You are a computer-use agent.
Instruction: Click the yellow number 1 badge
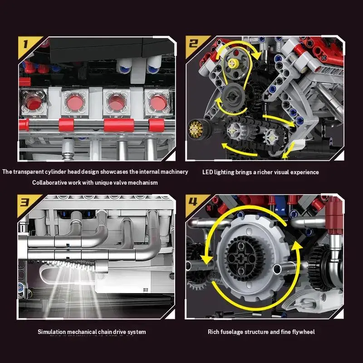[x=27, y=45]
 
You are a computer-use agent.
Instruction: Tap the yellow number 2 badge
[x=195, y=44]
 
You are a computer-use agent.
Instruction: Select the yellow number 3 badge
[x=27, y=204]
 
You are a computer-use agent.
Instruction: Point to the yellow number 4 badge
[x=195, y=204]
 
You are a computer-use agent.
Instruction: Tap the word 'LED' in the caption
[x=207, y=172]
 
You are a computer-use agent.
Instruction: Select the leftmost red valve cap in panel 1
[x=34, y=102]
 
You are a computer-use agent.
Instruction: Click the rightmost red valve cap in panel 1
[x=158, y=103]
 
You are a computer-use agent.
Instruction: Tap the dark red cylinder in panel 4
[x=334, y=215]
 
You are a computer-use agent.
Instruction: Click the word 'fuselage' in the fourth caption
[x=231, y=332]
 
